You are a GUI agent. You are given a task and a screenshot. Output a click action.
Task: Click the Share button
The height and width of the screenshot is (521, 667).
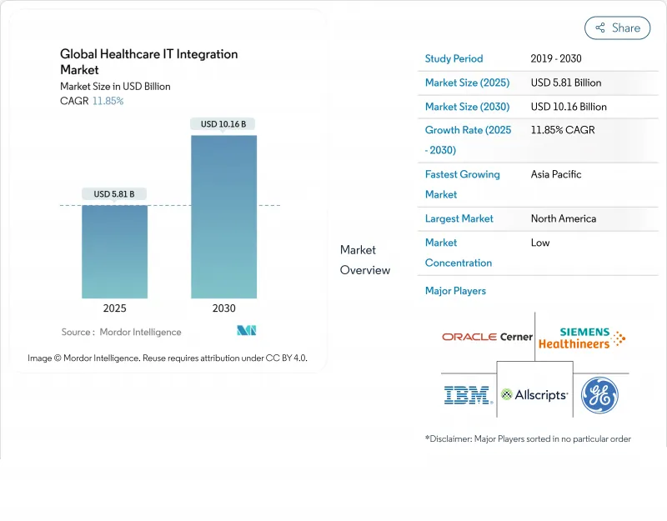click(617, 28)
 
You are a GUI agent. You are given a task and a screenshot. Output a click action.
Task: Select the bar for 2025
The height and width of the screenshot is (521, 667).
click(114, 251)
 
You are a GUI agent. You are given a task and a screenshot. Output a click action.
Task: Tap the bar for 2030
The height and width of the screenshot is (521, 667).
click(223, 216)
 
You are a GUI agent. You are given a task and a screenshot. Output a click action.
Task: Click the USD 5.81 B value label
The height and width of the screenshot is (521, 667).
click(114, 194)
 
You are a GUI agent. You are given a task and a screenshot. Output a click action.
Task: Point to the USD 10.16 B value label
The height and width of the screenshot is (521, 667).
click(223, 124)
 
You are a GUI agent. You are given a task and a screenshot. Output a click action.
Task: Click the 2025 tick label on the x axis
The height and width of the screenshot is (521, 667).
click(114, 308)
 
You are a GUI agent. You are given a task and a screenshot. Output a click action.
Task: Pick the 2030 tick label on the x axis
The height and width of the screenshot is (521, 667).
click(223, 308)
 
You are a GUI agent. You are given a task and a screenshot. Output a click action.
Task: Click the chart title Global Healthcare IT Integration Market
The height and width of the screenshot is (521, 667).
click(148, 62)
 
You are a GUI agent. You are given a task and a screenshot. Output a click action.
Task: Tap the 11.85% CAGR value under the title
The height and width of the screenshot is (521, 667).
click(108, 101)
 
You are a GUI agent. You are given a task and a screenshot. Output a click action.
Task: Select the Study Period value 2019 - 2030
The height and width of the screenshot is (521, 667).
click(556, 58)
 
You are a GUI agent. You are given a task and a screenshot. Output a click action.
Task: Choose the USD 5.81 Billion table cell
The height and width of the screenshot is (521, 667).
click(566, 83)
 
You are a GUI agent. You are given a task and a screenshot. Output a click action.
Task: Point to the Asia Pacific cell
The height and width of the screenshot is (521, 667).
click(556, 174)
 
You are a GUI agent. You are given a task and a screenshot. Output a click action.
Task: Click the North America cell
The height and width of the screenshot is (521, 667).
click(564, 218)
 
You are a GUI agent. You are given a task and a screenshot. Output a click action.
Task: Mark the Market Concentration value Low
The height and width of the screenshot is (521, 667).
click(540, 243)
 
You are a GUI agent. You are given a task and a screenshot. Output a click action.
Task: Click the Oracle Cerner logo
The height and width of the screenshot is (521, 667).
click(487, 337)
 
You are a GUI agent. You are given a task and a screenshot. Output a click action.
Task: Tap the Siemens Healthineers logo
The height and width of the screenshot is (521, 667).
click(581, 338)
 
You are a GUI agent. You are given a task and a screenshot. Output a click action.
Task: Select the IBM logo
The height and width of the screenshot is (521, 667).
click(467, 395)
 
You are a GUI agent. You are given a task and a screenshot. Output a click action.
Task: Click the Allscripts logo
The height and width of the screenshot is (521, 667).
click(534, 395)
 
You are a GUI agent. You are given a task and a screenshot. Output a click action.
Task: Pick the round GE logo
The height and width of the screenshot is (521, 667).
click(599, 395)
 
